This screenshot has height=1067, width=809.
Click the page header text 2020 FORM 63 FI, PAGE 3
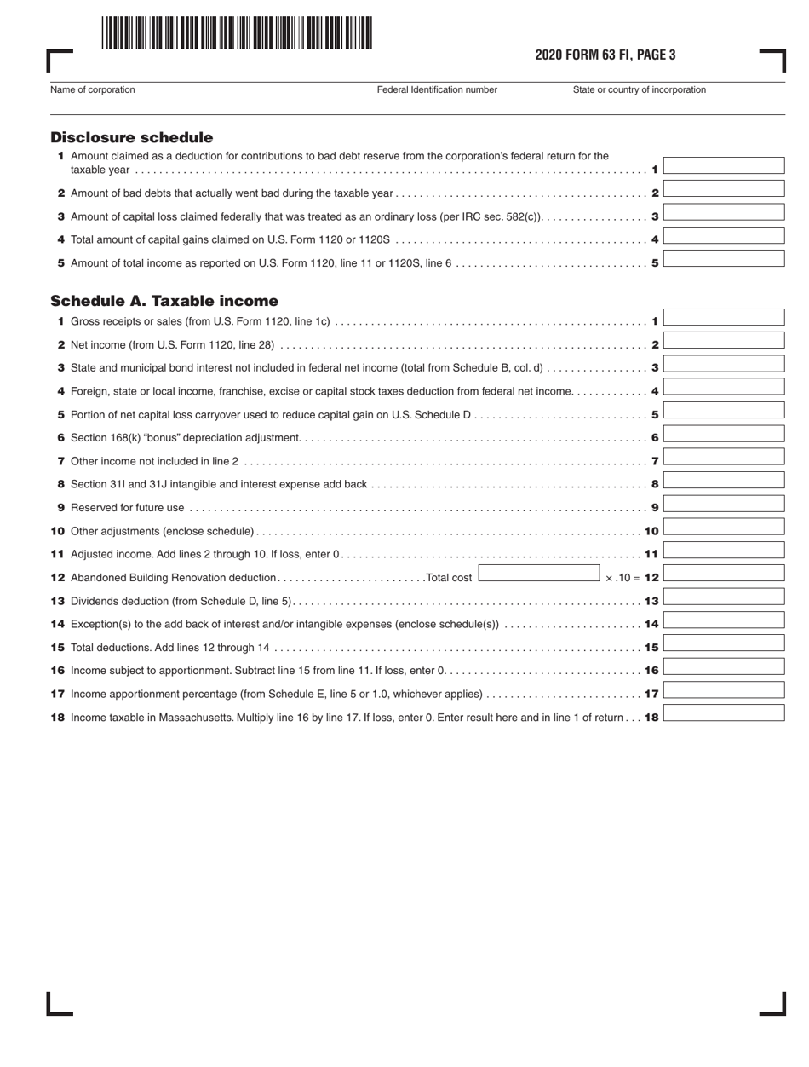point(605,56)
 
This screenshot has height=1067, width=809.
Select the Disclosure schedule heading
point(131,137)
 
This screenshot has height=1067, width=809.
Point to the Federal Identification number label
point(437,89)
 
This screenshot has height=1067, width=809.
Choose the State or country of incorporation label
point(639,89)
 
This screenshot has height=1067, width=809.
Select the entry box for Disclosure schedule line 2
point(723,189)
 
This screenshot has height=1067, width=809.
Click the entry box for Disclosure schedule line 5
point(723,259)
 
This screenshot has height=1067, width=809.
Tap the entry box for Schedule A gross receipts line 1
point(723,318)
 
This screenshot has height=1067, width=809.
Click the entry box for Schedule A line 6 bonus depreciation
point(723,434)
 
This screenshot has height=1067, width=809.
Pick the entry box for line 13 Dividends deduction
point(723,597)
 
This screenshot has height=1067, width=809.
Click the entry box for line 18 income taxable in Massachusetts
point(723,713)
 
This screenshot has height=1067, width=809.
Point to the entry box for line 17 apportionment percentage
point(723,689)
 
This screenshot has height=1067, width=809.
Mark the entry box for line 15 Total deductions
point(723,643)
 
